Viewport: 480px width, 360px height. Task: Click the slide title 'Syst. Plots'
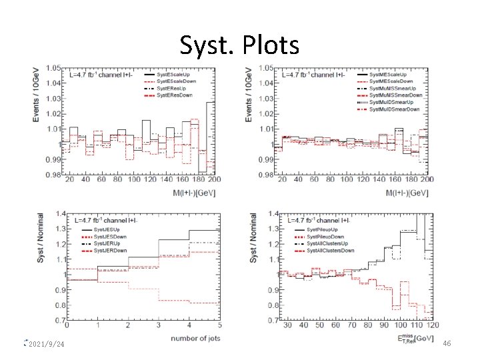239,45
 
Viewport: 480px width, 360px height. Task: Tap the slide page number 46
447,343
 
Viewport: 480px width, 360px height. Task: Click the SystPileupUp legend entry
327,228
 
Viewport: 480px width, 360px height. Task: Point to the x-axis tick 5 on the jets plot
219,327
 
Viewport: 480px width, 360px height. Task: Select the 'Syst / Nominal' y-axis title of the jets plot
41,237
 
